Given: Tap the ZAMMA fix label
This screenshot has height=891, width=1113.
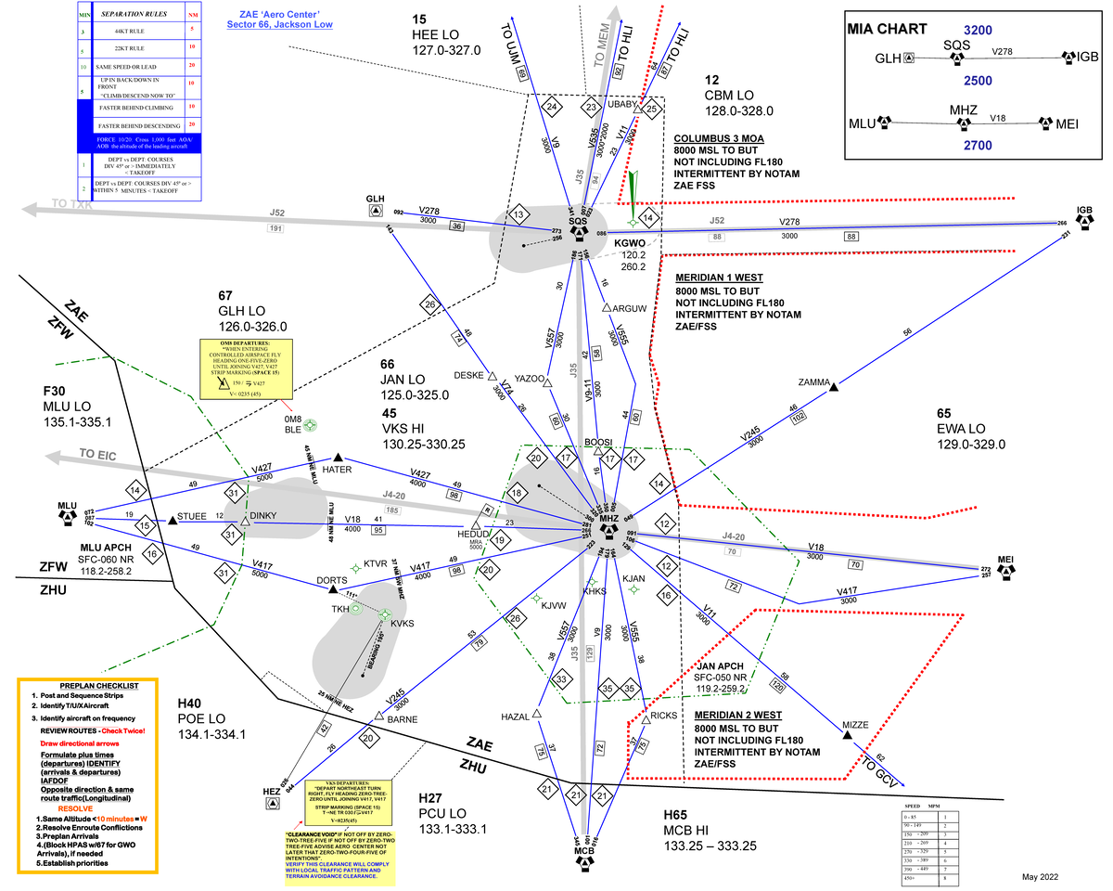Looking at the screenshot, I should [813, 381].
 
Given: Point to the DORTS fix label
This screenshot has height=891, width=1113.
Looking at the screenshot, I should [332, 580].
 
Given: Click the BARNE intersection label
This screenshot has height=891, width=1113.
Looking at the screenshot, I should [402, 718].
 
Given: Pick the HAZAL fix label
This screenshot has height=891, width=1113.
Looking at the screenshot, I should [515, 717].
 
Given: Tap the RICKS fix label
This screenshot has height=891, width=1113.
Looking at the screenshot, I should [663, 716].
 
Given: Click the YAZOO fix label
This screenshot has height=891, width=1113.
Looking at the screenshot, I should [530, 378].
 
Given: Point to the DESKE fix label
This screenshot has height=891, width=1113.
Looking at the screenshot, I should [469, 375].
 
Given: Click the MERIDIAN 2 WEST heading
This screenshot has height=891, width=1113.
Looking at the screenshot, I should [737, 716].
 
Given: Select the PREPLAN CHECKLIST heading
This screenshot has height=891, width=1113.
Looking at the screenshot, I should [88, 685].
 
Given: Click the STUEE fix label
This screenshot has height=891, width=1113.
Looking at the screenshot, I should [192, 516].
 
